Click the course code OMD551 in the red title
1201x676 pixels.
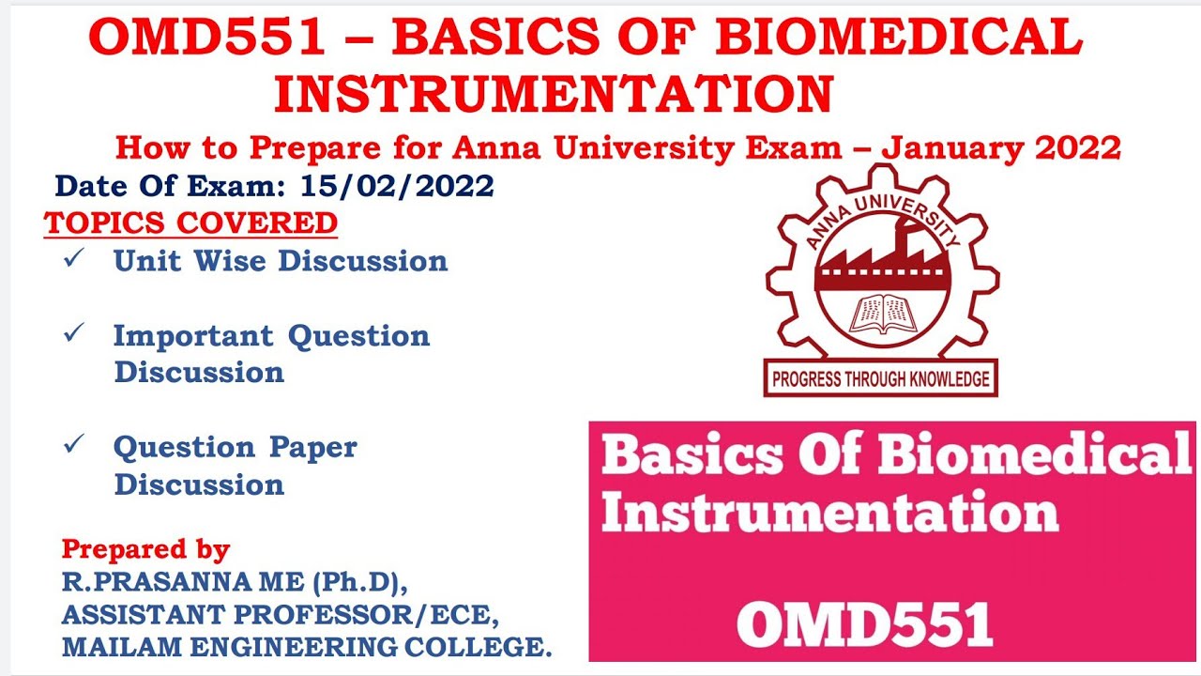pyautogui.click(x=207, y=38)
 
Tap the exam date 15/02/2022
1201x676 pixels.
pyautogui.click(x=398, y=186)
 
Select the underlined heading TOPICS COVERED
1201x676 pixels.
pyautogui.click(x=190, y=223)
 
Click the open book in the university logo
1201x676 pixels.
pyautogui.click(x=881, y=315)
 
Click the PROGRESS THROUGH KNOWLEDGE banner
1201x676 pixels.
pyautogui.click(x=880, y=379)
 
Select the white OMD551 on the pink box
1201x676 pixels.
pyautogui.click(x=864, y=623)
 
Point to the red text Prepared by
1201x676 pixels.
pyautogui.click(x=145, y=549)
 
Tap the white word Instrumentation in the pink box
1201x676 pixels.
pyautogui.click(x=829, y=514)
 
